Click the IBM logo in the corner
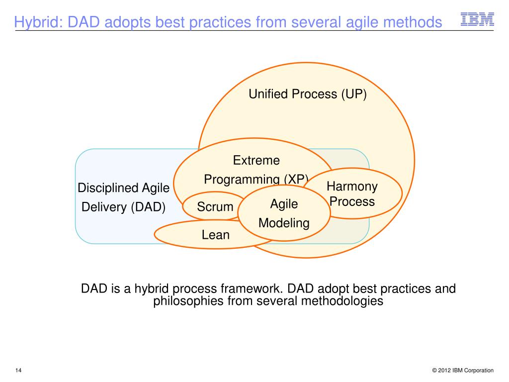pos(477,19)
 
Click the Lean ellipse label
pos(216,235)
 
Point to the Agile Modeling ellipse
pos(284,213)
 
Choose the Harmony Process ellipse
pos(352,193)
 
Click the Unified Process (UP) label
pos(307,94)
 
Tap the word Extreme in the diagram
pos(256,160)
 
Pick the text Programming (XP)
pos(256,179)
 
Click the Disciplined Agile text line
pos(123,188)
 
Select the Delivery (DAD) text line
pos(123,207)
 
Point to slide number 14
pos(18,370)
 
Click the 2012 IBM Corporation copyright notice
pos(463,370)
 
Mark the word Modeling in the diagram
pos(284,223)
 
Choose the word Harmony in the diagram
pos(352,187)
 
